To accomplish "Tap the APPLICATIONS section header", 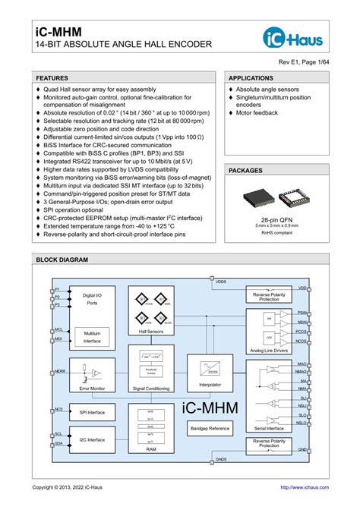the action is (x=252, y=78).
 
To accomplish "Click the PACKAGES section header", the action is (x=245, y=172).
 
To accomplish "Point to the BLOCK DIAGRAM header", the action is (x=62, y=260).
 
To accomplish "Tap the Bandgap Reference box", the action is (x=210, y=429).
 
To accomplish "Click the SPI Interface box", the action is (x=91, y=413).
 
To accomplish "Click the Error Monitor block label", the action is (x=91, y=388).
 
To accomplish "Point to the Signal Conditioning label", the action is (x=150, y=388).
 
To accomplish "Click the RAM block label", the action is (x=150, y=449).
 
